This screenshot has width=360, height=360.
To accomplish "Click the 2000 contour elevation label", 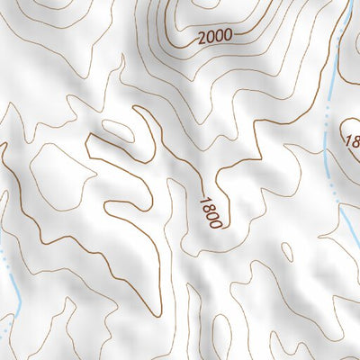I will pos(214,35).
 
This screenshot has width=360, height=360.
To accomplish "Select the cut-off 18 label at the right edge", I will pos(352,140).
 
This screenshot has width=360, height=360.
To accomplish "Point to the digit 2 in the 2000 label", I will pos(201,38).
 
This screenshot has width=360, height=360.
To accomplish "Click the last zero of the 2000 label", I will pos(227,33).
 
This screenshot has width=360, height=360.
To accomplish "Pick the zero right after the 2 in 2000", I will pos(210,36).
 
